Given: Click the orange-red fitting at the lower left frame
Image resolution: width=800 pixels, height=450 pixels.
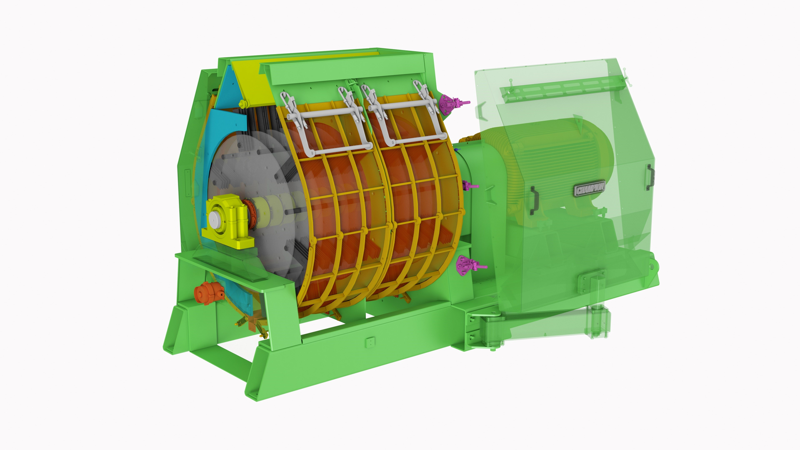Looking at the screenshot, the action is click(207, 292).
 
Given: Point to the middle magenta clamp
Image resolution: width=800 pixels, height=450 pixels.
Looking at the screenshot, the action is click(470, 186).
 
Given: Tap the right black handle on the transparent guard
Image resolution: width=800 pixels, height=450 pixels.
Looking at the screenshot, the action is click(649, 177).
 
